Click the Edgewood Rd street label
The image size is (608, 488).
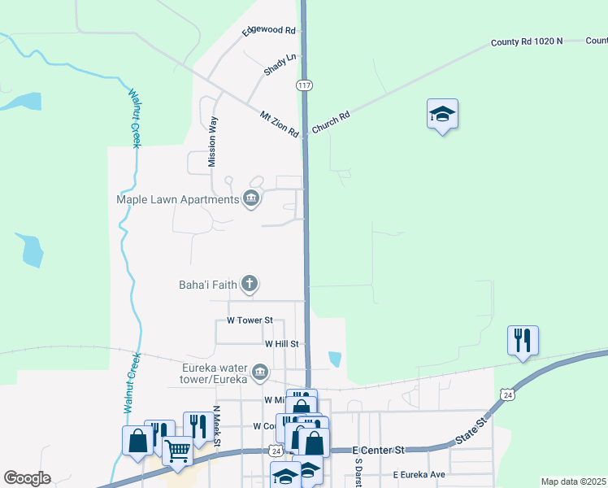pos(267,31)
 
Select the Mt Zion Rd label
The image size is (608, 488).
pos(280,124)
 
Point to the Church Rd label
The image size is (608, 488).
pos(333,122)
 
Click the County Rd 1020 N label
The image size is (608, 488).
pos(526,41)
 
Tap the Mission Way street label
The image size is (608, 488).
pos(213,142)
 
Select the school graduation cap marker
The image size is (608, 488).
pos(442,115)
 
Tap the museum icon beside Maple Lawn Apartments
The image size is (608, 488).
pos(250,198)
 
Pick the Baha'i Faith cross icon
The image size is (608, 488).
pos(250,284)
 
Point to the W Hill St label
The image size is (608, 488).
pos(283,344)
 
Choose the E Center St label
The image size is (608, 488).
pos(378,449)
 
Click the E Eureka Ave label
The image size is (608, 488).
pos(419,474)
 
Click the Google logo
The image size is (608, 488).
pos(27,478)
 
